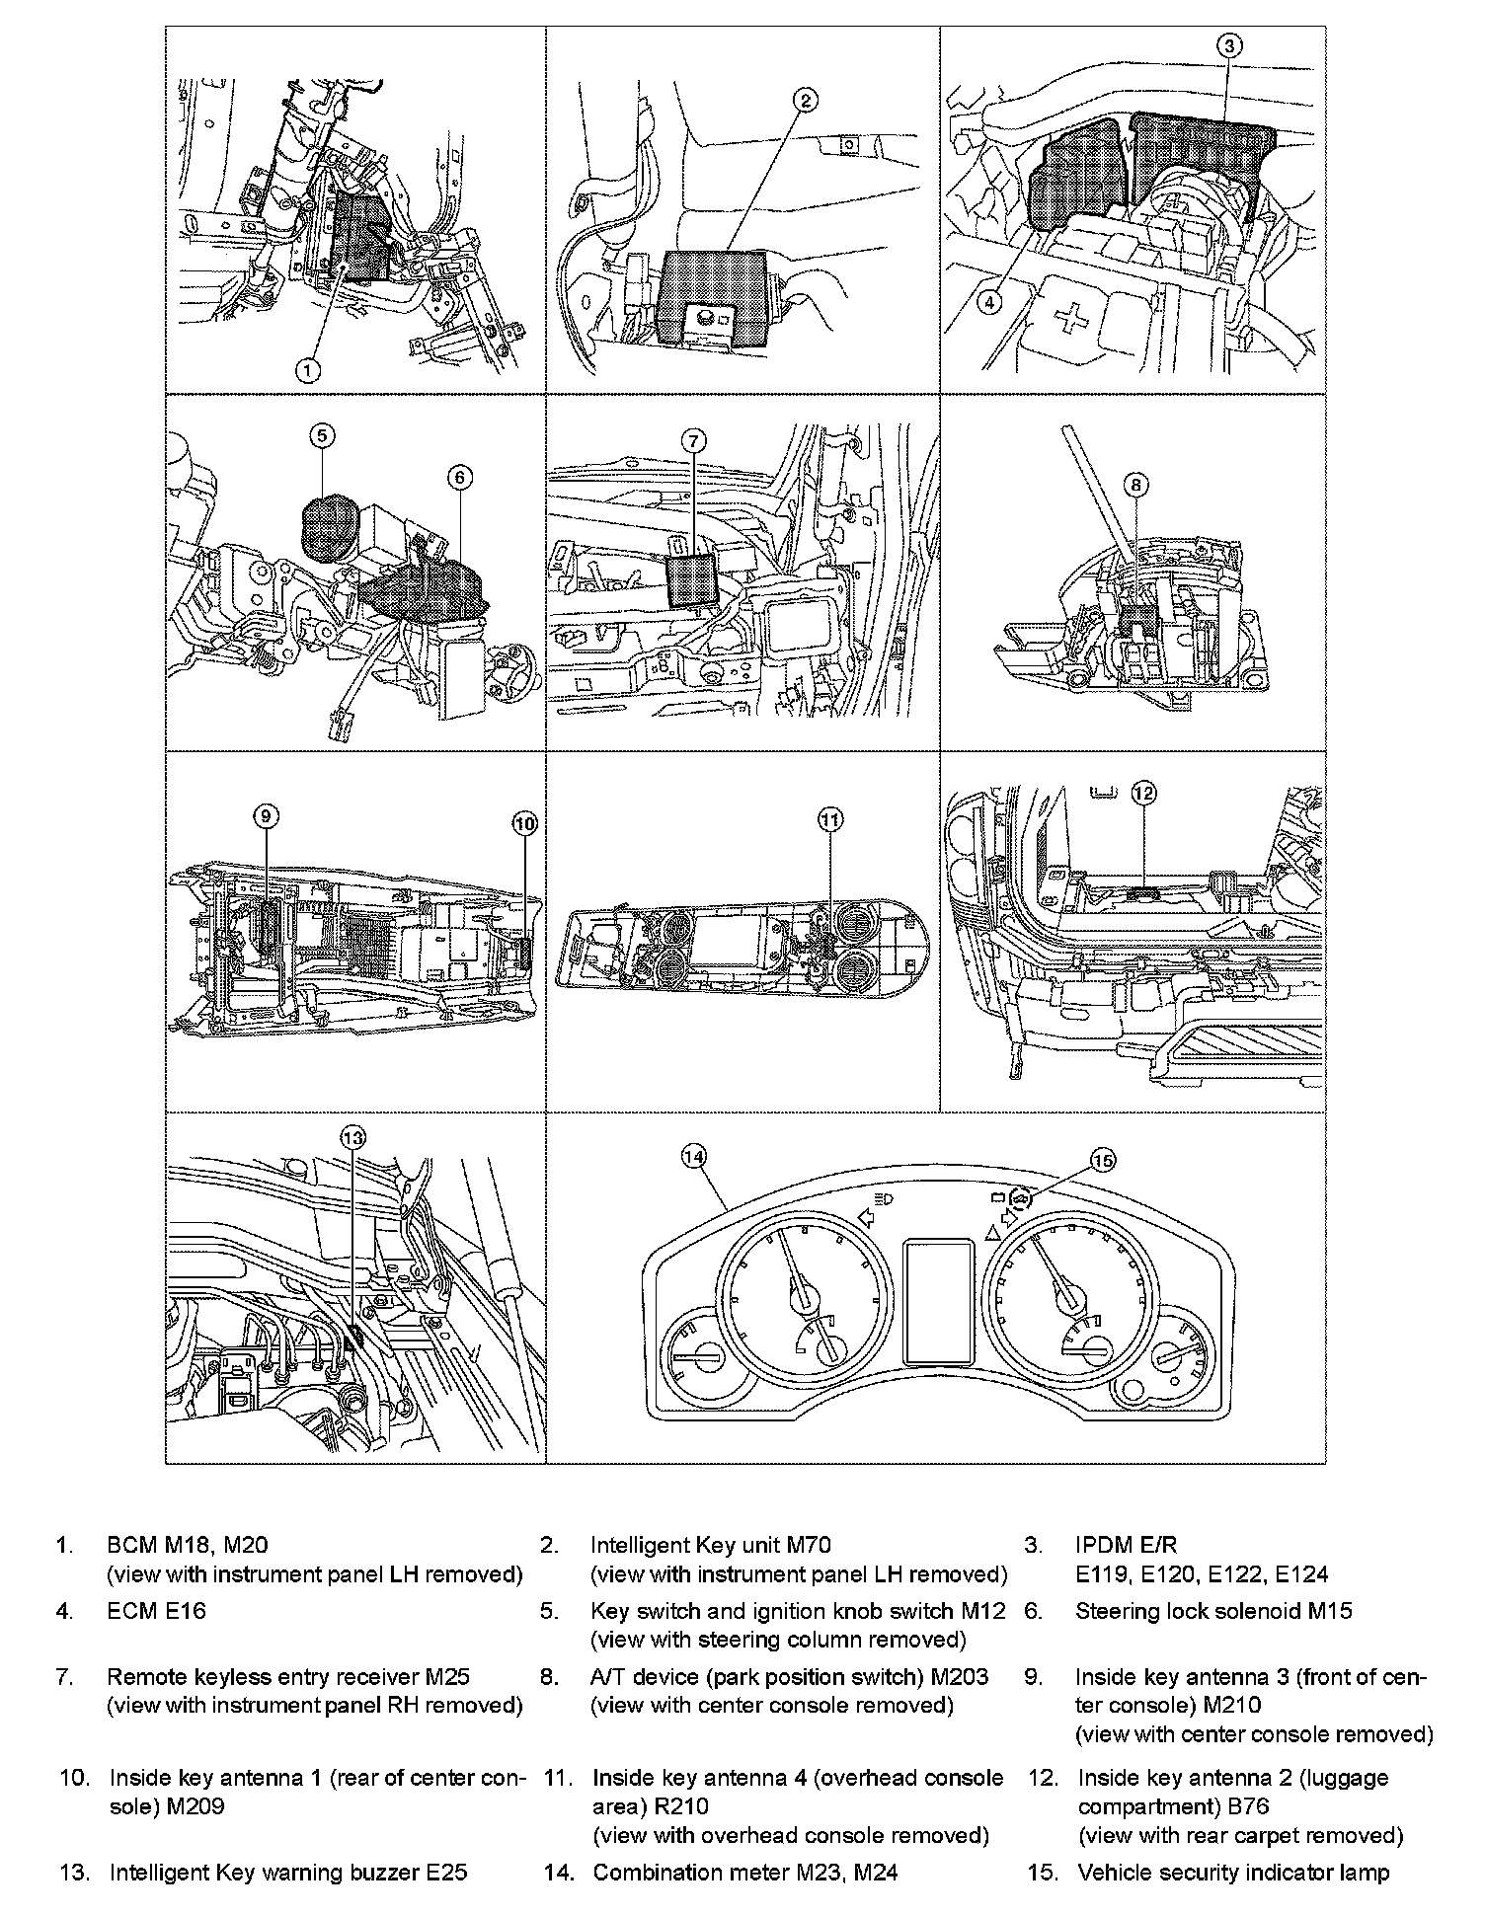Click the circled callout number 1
pyautogui.click(x=309, y=369)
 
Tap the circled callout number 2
pyautogui.click(x=805, y=100)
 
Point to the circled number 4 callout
pyautogui.click(x=989, y=301)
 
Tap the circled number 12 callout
pyautogui.click(x=1143, y=793)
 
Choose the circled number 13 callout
pyautogui.click(x=353, y=1136)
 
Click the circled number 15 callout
pyautogui.click(x=1103, y=1161)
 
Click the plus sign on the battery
pyautogui.click(x=1069, y=321)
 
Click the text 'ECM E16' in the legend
pyautogui.click(x=157, y=1611)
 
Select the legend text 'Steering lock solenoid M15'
pyautogui.click(x=1213, y=1611)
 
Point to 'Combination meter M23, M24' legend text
pyautogui.click(x=745, y=1872)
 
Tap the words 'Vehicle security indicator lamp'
pyautogui.click(x=1233, y=1872)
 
